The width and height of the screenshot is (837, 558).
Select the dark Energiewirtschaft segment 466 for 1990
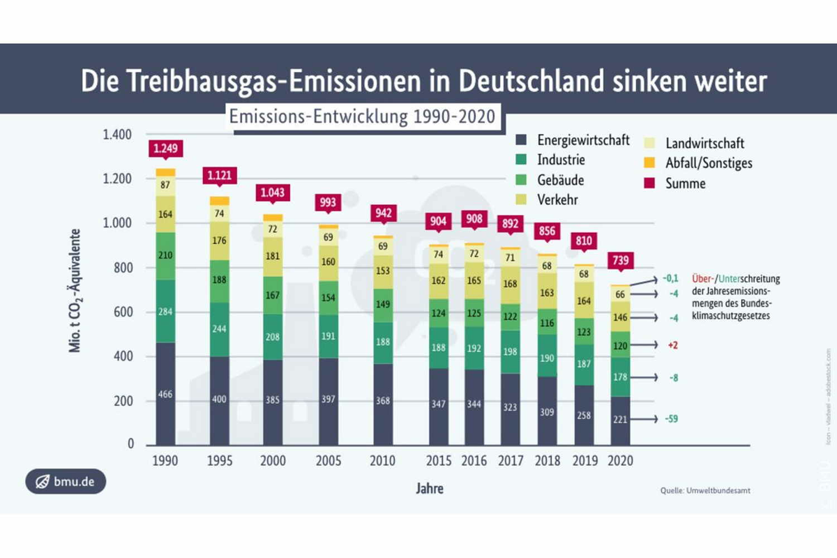[x=165, y=394]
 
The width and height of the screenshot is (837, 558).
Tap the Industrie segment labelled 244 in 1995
[x=220, y=330]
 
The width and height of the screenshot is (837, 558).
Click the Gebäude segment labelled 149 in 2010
[x=384, y=303]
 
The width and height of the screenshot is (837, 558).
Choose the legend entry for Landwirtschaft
[x=704, y=143]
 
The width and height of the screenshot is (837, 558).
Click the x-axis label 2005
[x=329, y=461]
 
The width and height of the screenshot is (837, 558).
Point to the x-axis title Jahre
[x=431, y=488]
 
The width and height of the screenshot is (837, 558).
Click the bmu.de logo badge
[x=66, y=481]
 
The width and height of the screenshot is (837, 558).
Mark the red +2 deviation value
[x=673, y=345]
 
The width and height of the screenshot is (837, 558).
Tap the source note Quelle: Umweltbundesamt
[x=705, y=491]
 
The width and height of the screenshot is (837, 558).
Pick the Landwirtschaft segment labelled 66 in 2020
[x=621, y=294]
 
